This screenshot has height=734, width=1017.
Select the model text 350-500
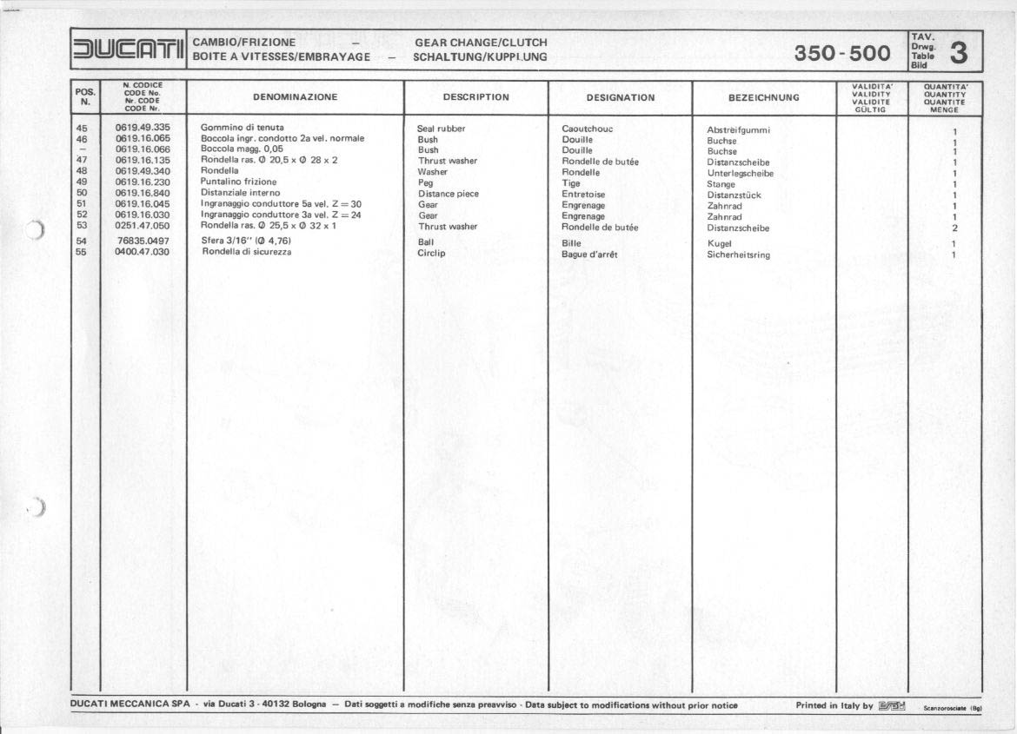coord(841,54)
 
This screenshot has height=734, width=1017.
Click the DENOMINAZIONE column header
coord(295,97)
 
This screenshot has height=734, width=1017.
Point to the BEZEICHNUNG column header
coord(763,97)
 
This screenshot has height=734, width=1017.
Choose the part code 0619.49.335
coord(143,128)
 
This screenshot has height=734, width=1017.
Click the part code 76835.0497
coord(143,241)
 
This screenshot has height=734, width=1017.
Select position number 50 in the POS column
coord(82,193)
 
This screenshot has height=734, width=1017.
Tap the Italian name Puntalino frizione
coord(238,182)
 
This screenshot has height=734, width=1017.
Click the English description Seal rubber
coord(441,129)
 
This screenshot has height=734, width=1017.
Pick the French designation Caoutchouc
coord(587,129)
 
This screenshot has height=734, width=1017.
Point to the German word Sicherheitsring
coord(738,255)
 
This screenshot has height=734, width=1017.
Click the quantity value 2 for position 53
coord(954,228)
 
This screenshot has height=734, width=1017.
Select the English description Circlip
coord(431,254)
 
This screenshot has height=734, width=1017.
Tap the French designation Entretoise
coord(583,195)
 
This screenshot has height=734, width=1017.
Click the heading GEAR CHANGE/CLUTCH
coord(481,42)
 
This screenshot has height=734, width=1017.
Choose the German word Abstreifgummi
coord(738,130)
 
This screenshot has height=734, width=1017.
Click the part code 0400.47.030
coord(142,252)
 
